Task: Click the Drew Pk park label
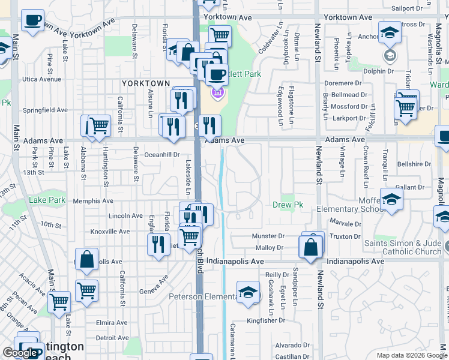289,205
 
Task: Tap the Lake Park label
47,200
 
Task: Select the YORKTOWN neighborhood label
146,83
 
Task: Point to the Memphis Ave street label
93,202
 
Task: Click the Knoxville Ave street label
110,232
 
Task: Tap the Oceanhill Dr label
160,155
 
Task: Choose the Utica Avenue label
42,79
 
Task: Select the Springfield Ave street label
45,110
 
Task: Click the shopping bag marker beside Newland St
310,247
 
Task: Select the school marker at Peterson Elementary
247,292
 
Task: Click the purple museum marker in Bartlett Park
217,94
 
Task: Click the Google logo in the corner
20,353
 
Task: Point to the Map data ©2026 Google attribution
411,355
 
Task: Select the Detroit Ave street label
113,338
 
